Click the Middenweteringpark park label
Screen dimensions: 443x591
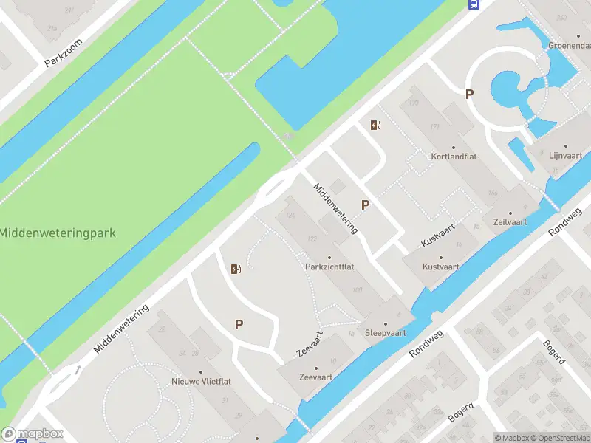click(58, 233)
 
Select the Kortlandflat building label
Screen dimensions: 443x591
click(453, 157)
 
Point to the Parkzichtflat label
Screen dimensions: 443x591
click(329, 266)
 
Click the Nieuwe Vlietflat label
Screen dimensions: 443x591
click(201, 381)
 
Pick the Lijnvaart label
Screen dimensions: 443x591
click(567, 156)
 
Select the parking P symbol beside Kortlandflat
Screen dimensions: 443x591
click(468, 94)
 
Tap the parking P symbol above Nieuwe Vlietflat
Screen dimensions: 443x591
click(239, 324)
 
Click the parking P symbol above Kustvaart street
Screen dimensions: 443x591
click(365, 205)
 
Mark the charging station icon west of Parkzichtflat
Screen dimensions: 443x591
click(236, 269)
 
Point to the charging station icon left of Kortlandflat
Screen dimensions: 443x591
click(375, 125)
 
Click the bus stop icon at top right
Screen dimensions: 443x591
click(474, 4)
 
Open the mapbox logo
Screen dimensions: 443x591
click(33, 433)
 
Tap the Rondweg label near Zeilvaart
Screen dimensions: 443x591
click(567, 221)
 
